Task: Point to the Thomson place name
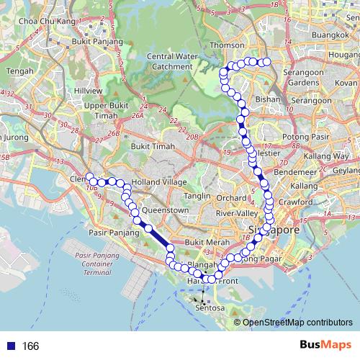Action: coord(222,45)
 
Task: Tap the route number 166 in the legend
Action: coord(30,346)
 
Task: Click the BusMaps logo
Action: coord(325,346)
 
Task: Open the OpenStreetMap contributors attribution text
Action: coord(297,323)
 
